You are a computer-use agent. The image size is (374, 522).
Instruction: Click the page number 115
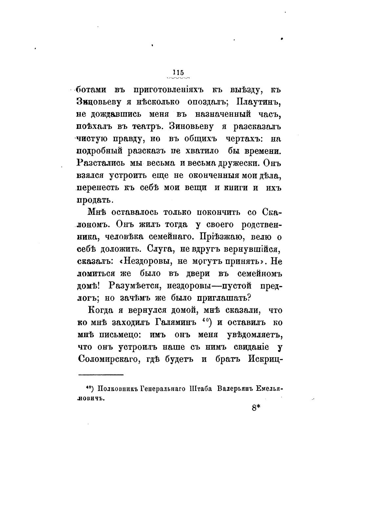[178, 72]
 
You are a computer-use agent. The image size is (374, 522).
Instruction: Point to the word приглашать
[223, 298]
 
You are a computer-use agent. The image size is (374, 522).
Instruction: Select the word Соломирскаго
[108, 359]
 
